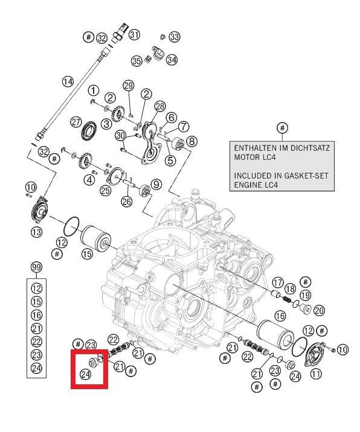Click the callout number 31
134,35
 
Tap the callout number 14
68,81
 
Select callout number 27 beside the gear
76,122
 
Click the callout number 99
36,267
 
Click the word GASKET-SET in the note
308,176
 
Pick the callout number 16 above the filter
280,316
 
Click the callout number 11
316,373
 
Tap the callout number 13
36,232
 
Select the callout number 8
191,141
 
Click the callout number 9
156,184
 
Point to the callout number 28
160,106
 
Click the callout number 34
172,60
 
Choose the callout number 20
319,311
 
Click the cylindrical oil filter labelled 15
95,238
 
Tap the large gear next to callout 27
89,130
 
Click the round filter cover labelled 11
315,354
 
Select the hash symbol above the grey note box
282,128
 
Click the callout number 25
105,190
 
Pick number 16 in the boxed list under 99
36,315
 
